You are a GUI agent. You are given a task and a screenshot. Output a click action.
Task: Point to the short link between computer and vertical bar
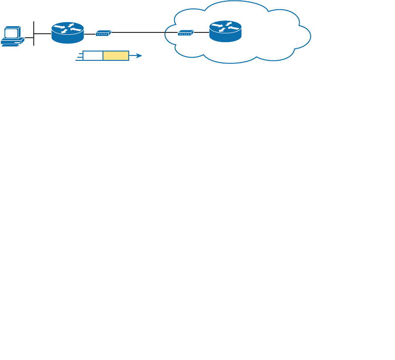(x=29, y=38)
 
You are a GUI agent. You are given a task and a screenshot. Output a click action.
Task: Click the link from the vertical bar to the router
(x=43, y=33)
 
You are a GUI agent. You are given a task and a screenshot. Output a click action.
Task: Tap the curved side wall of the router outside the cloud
(x=67, y=39)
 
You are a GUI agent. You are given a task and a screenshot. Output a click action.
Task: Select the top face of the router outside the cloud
(x=67, y=29)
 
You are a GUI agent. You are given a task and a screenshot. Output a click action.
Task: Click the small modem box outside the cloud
(x=103, y=33)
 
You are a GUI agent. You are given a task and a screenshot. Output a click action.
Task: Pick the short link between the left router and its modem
(x=90, y=34)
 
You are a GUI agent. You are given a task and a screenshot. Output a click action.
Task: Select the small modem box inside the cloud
(x=186, y=33)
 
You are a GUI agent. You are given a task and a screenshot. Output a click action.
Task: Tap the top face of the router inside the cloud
(x=225, y=28)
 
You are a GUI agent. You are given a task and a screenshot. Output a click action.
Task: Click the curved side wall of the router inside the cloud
(x=225, y=38)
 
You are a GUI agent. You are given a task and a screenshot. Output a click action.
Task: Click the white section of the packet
(x=93, y=56)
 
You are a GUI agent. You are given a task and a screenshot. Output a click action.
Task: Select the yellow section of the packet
(x=116, y=56)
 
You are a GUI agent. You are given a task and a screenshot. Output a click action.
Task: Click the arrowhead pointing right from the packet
(x=139, y=56)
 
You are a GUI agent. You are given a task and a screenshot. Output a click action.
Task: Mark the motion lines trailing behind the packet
(x=79, y=56)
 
